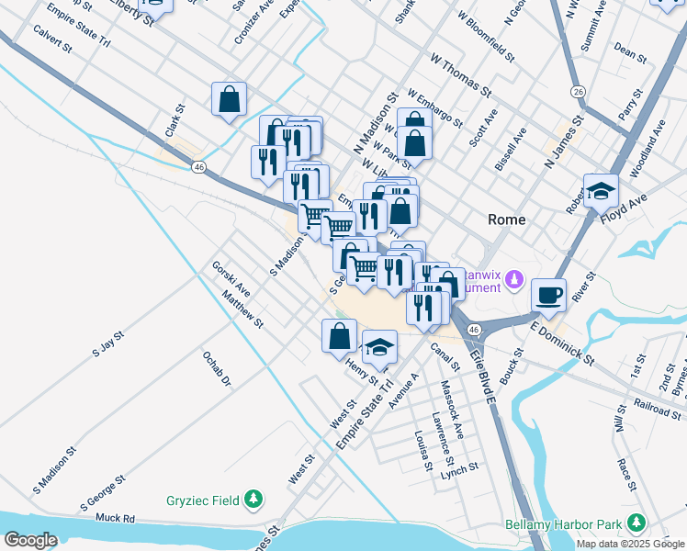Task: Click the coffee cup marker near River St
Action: point(548,295)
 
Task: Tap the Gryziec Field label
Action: point(202,500)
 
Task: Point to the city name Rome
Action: point(507,220)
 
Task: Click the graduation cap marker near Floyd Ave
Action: point(601,190)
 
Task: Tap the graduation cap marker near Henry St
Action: point(379,347)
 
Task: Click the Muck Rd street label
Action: point(115,519)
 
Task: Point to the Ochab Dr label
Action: point(217,367)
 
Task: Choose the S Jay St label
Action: point(107,347)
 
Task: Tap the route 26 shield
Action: point(578,92)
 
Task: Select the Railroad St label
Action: point(659,408)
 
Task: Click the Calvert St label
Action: point(52,45)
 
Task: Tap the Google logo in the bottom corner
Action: point(30,540)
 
